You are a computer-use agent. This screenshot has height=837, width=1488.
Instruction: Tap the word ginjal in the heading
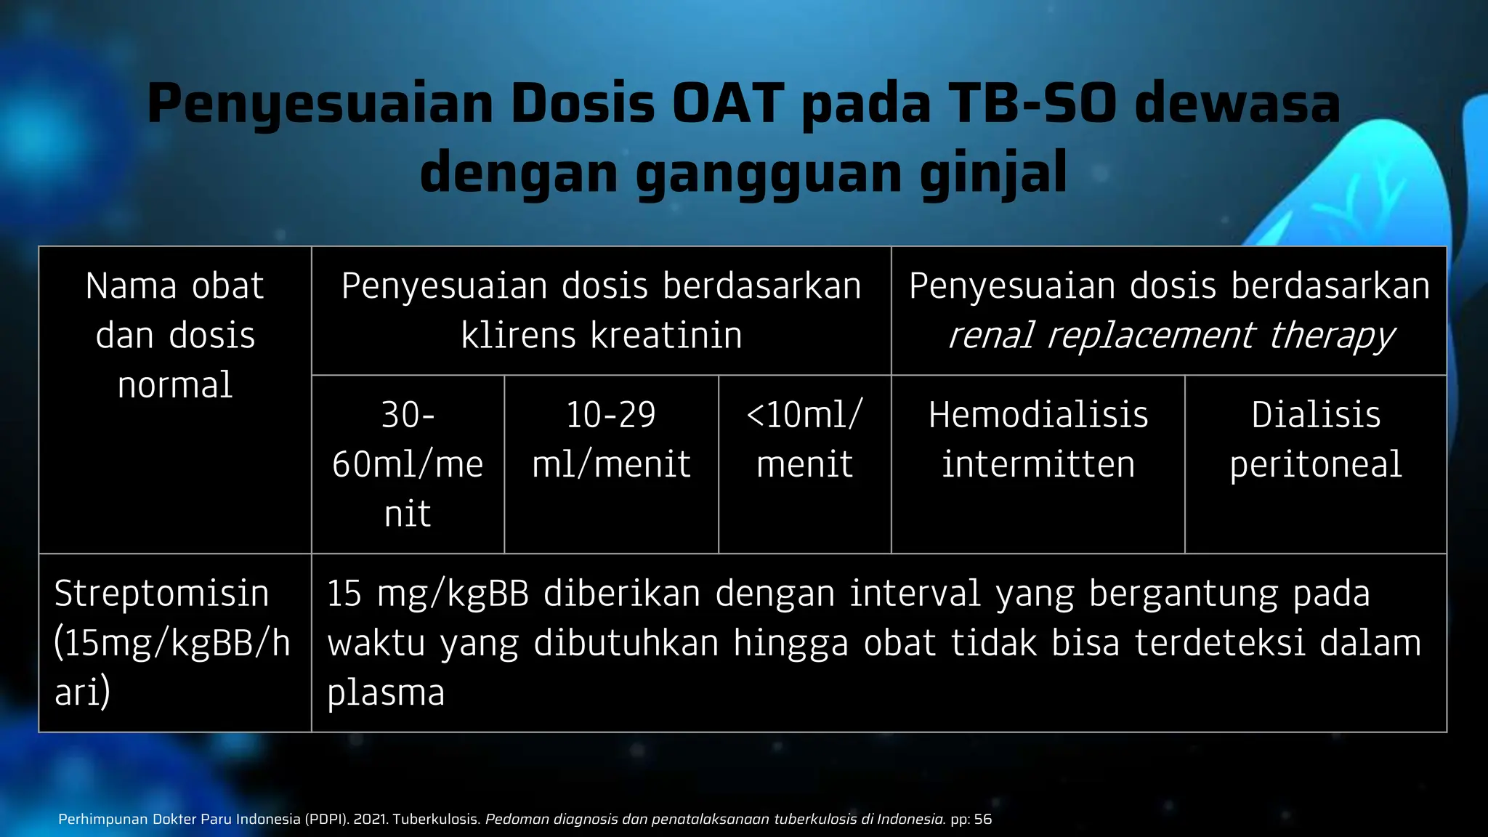pos(993,173)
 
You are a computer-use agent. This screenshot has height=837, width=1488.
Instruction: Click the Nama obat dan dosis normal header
pos(175,335)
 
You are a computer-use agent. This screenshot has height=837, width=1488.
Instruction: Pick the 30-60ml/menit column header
pos(408,464)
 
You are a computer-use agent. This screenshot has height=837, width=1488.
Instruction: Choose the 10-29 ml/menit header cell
pos(611,439)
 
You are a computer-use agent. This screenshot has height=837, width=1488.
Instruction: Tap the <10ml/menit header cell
pos(804,439)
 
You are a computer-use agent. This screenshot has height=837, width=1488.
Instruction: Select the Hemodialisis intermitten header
pos(1038,439)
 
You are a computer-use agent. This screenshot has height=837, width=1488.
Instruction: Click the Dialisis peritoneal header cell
pos(1315,439)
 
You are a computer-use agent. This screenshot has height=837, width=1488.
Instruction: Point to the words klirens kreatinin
pos(602,335)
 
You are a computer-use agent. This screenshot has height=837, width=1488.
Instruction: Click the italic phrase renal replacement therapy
pos(1170,335)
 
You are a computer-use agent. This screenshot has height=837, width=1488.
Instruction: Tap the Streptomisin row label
pos(161,593)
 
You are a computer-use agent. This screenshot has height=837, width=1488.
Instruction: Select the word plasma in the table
pos(386,692)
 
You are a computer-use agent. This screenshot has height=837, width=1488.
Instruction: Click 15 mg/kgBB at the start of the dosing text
pos(428,593)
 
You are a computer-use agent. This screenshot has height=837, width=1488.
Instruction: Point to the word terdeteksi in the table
pos(1219,642)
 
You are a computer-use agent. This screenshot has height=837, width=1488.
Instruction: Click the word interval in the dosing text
pos(915,593)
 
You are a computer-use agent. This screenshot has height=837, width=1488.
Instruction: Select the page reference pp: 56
pos(971,819)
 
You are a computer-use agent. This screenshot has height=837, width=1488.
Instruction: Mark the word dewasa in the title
pos(1237,103)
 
